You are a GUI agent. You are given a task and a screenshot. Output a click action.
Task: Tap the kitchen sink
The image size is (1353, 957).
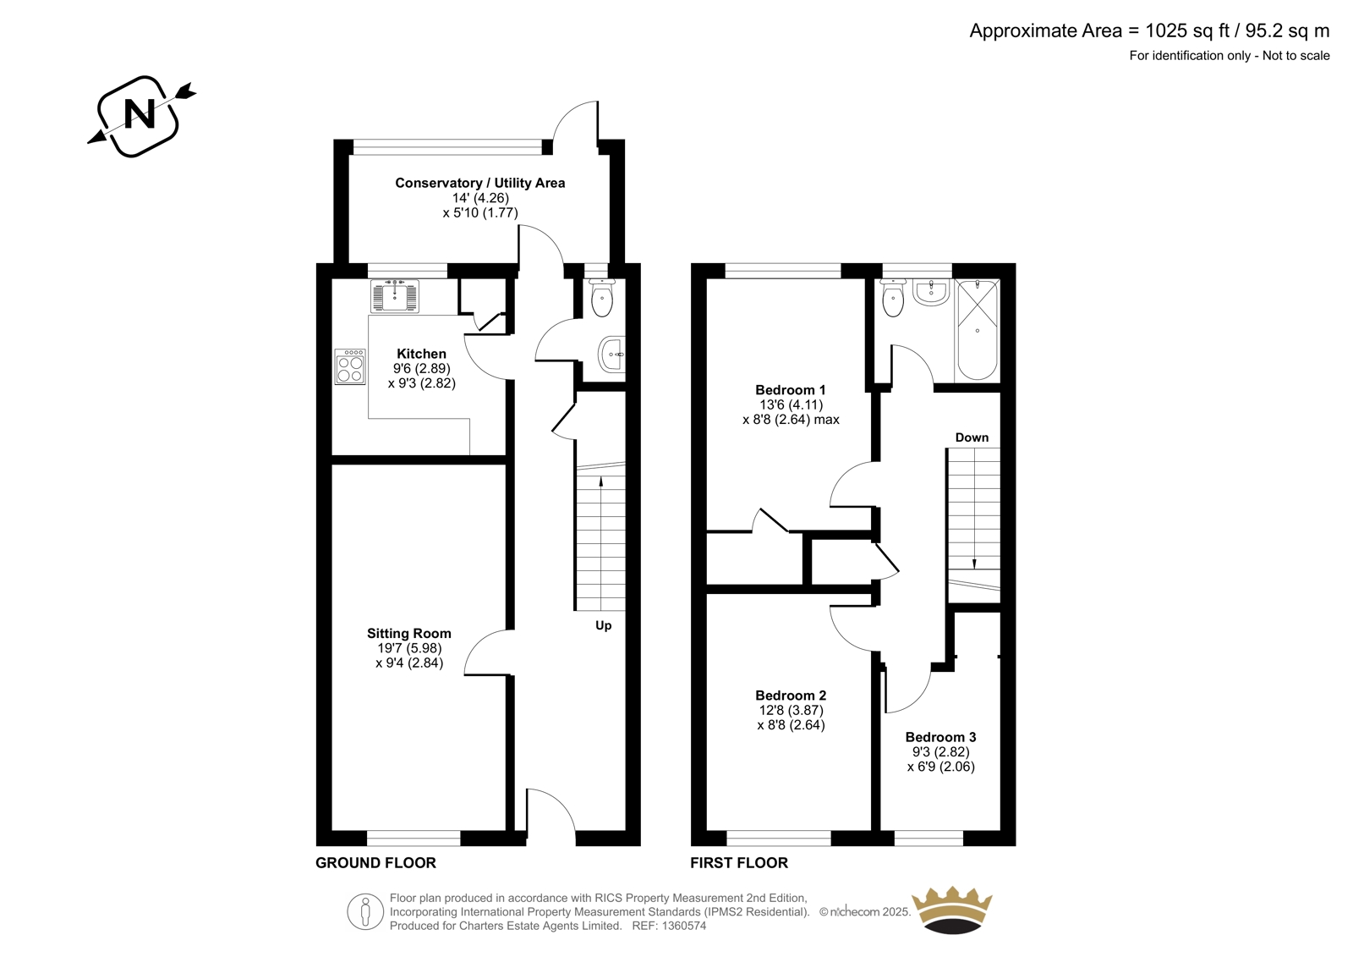[x=394, y=295]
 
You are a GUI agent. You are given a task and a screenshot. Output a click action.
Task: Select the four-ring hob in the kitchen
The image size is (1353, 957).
[x=350, y=366]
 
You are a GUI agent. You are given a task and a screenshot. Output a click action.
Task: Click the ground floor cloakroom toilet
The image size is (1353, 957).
[x=601, y=298]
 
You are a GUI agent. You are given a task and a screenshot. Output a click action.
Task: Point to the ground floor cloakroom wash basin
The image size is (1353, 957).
[x=612, y=355]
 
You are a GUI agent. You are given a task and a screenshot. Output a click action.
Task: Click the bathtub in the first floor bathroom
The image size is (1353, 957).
[x=977, y=329]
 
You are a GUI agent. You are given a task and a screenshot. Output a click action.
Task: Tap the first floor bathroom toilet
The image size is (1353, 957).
[x=893, y=298]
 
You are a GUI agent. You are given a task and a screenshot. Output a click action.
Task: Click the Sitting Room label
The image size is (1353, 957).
[x=409, y=634]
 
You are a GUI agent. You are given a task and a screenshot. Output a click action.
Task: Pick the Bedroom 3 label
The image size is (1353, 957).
[x=940, y=737]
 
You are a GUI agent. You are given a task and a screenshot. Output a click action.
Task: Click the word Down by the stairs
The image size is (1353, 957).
[x=972, y=437]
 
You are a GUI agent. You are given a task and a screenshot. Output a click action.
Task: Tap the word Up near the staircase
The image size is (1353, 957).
[x=604, y=625]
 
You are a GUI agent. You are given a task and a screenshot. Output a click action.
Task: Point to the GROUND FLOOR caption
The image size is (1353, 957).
[x=375, y=863]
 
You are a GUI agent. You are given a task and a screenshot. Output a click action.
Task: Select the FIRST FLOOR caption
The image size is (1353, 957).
[x=739, y=863]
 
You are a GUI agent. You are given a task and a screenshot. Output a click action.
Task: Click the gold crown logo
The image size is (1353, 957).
[x=952, y=910]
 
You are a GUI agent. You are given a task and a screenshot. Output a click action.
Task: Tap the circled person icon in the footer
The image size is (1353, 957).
[x=365, y=911]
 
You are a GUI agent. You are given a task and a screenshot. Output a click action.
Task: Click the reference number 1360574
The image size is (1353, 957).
[x=683, y=926]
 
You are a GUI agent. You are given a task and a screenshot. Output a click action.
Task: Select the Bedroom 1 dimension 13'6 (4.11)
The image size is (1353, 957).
[x=792, y=405]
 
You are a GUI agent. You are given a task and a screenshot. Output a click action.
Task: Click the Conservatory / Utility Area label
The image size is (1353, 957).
[x=480, y=183]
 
